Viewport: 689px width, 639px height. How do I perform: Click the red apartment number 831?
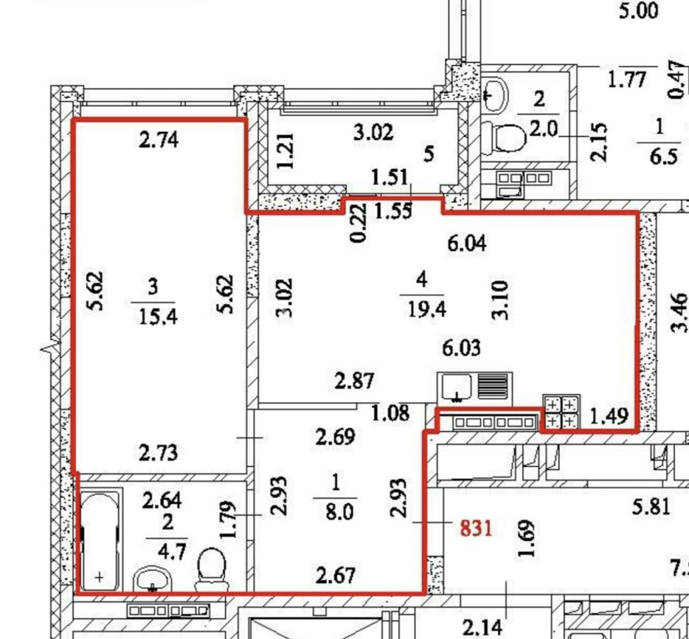coord(476,528)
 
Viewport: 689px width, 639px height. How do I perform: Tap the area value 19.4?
coord(427,310)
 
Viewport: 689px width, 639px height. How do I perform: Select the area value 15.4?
coord(158,316)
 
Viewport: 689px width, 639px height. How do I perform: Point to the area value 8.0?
coord(340,513)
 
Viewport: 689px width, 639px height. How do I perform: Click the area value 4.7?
coord(172,552)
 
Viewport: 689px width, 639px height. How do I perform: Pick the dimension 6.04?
coord(467,244)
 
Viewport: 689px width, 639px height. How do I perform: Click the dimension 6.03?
coord(461,347)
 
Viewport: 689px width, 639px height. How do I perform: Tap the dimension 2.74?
coord(158,140)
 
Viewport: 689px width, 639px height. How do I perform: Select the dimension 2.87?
coord(354,381)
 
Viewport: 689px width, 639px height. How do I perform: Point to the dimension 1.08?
coord(391,413)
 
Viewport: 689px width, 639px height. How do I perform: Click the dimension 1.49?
coord(608,416)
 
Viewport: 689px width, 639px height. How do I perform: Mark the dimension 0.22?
coord(358,223)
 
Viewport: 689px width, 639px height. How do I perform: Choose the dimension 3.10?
coord(501,301)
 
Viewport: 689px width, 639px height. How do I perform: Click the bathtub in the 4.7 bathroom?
coord(101,541)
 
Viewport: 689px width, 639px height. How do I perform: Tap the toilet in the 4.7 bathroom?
coord(211,570)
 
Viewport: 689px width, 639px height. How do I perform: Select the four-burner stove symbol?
coord(561,413)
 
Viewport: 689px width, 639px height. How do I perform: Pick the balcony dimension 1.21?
coord(286,150)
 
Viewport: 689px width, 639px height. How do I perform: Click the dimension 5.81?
coord(651,508)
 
